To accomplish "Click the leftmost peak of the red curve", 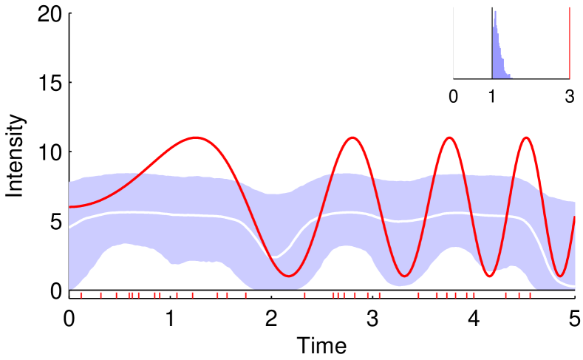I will click(x=195, y=137).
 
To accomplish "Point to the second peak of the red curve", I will click(x=352, y=137).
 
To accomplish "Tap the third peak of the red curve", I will click(x=449, y=137).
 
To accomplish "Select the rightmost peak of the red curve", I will click(x=526, y=137).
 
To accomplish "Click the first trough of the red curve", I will click(x=290, y=276).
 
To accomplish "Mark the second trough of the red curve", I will click(x=404, y=276).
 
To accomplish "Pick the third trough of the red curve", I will click(x=489, y=276).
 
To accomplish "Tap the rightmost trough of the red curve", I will click(x=560, y=276).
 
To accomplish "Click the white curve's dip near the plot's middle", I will click(x=275, y=257).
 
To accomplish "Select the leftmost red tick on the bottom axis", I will click(x=81, y=295).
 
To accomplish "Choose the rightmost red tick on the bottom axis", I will click(x=530, y=295).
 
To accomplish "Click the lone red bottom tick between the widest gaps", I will click(x=304, y=295).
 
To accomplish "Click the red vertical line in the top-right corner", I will click(x=569, y=43).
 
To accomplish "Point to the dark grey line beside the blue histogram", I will click(x=491, y=43).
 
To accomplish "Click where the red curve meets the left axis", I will click(x=69, y=207).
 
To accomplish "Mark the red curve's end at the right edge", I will click(x=574, y=217).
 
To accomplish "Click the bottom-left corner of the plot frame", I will click(x=69, y=298).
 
